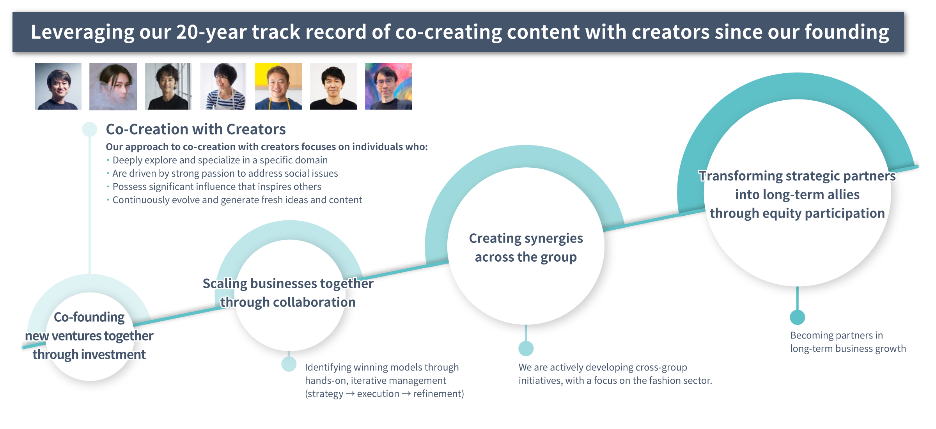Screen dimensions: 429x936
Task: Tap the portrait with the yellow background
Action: point(278,86)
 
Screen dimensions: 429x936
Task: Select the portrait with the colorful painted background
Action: point(388,86)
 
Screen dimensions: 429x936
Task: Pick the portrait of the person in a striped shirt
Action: point(223,86)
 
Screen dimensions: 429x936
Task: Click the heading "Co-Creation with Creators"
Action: point(195,129)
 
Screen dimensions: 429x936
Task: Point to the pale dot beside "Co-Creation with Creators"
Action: point(90,129)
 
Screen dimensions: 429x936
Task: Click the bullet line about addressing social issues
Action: point(225,174)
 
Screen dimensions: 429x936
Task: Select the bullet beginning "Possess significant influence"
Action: point(216,187)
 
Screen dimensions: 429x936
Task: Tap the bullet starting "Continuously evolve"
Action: point(237,200)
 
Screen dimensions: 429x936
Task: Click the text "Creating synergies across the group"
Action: point(525,248)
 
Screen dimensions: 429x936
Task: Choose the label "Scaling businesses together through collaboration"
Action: point(288,292)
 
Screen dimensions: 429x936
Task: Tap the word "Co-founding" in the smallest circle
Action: point(89,317)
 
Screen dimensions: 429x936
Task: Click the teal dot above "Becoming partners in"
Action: point(797,317)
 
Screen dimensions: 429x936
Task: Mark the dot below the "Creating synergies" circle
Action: point(526,348)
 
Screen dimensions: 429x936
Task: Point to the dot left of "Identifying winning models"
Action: point(289,364)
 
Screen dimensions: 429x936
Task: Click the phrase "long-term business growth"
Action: point(848,349)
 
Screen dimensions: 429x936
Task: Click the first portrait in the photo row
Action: point(58,86)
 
